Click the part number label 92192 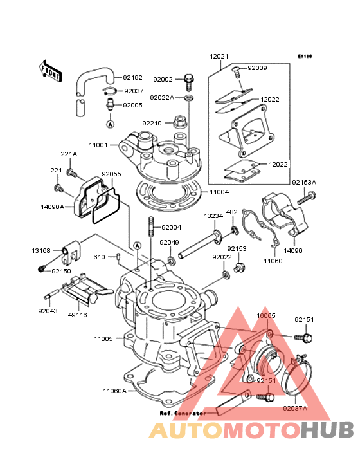pyautogui.click(x=132, y=77)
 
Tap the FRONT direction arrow pyautogui.click(x=50, y=71)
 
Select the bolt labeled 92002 pyautogui.click(x=189, y=82)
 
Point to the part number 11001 pyautogui.click(x=98, y=145)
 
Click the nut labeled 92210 pyautogui.click(x=180, y=121)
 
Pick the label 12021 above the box pyautogui.click(x=219, y=57)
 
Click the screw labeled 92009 pyautogui.click(x=237, y=71)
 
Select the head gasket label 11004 pyautogui.click(x=219, y=192)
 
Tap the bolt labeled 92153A pyautogui.click(x=307, y=199)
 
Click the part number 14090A pyautogui.click(x=53, y=207)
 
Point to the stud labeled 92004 pyautogui.click(x=150, y=226)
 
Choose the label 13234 pyautogui.click(x=213, y=216)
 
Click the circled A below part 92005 pyautogui.click(x=111, y=124)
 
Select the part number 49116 pyautogui.click(x=77, y=315)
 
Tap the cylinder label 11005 pyautogui.click(x=104, y=339)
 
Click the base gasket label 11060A pyautogui.click(x=115, y=391)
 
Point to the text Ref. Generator pyautogui.click(x=183, y=413)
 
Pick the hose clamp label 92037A pyautogui.click(x=295, y=409)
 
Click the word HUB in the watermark pyautogui.click(x=328, y=430)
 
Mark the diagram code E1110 pyautogui.click(x=305, y=56)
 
